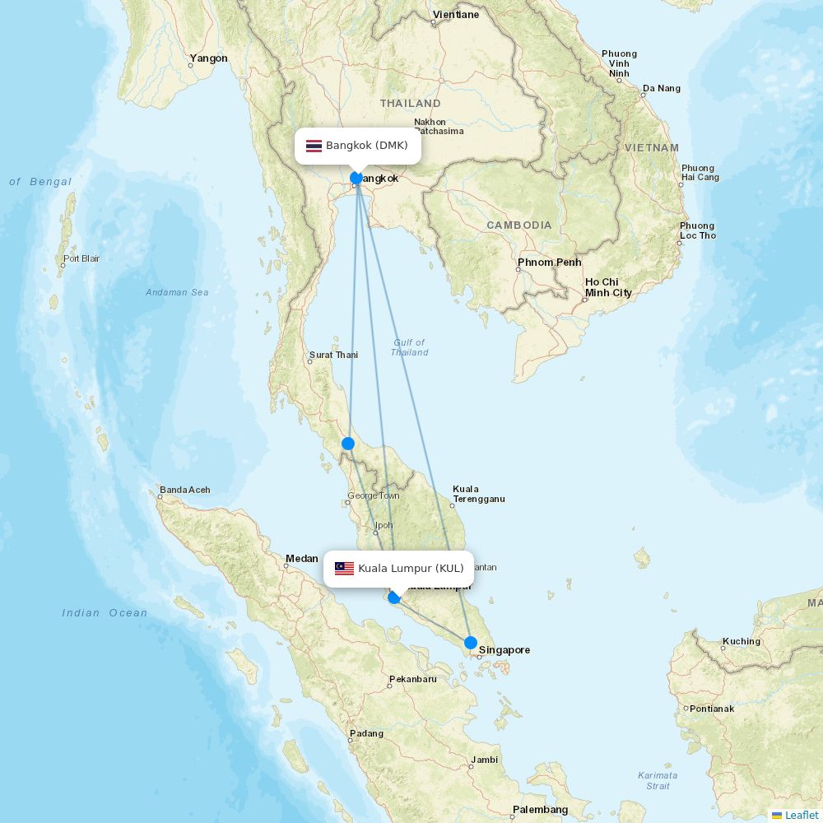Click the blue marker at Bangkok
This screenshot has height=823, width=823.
point(356,178)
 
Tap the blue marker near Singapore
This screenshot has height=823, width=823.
point(471,643)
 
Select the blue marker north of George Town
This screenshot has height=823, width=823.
point(348,444)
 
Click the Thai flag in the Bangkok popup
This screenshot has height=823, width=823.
point(314,146)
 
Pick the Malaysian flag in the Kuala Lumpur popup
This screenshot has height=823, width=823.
point(344,569)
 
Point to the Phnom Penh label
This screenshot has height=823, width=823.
point(549,263)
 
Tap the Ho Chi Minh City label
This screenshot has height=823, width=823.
point(608,287)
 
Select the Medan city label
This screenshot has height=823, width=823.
point(301,559)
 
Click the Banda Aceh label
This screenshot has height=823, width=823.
point(184,490)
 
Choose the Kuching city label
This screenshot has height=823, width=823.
point(742,641)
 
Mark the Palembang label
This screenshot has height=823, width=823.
point(540,810)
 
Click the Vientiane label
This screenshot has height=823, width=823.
point(455,15)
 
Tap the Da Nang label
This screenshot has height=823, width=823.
point(662,88)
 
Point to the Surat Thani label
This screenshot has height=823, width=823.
point(333,356)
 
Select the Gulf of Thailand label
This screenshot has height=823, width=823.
point(409,347)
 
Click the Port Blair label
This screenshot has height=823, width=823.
point(81,258)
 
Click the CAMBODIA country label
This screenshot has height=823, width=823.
point(518,226)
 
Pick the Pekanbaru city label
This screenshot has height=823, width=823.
point(412,679)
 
